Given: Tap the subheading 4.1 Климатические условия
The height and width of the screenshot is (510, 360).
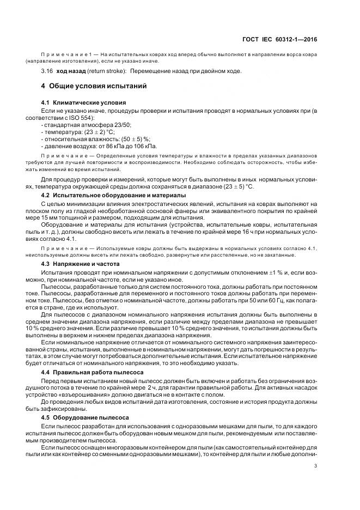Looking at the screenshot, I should pyautogui.click(x=84, y=102).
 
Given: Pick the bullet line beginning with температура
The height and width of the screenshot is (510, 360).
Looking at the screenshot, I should pyautogui.click(x=77, y=132).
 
